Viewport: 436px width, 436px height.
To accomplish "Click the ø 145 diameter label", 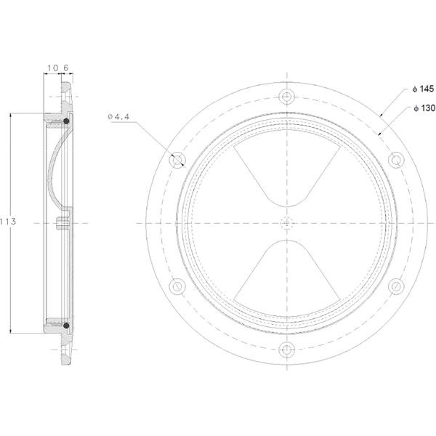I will point(423,89).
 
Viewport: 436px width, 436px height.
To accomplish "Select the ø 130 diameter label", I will point(423,108).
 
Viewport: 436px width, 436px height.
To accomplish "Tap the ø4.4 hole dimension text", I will point(118,116).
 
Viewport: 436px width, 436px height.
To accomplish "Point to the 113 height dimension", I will point(8,220).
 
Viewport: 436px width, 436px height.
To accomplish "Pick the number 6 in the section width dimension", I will point(66,68).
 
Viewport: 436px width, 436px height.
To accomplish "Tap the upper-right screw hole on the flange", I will point(397,159).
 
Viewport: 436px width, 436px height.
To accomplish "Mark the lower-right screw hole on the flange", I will point(397,286).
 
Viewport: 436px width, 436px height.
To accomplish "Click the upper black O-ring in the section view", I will point(67,119).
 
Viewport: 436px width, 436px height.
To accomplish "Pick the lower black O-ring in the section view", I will point(67,326).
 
